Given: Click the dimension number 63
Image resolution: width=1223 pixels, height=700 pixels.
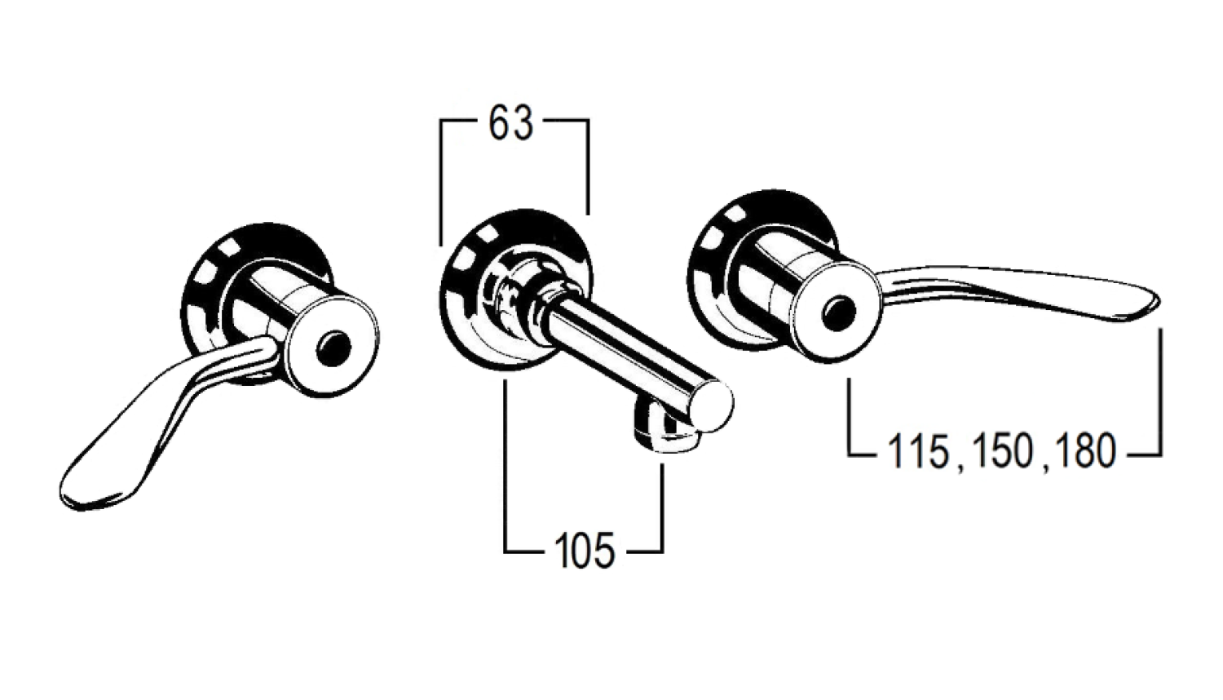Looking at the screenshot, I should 511,125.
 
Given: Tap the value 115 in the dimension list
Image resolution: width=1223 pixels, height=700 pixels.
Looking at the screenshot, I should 918,451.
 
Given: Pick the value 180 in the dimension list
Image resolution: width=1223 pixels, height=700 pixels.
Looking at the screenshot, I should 1084,451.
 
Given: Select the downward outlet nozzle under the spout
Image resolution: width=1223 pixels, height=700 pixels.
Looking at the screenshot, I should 664,432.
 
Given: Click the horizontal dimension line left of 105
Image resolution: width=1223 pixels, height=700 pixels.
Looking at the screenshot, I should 526,552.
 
